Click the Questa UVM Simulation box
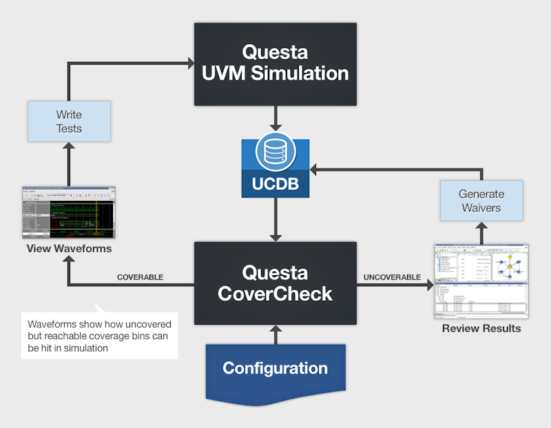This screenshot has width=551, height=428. coord(275,63)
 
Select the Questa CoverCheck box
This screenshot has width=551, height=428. coord(275,283)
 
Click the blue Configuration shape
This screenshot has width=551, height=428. coord(275,369)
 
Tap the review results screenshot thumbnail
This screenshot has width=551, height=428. coord(481,281)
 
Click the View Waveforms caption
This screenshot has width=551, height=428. coord(68,248)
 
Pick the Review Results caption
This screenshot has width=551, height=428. coord(481,328)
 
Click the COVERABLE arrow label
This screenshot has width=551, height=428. coord(140,277)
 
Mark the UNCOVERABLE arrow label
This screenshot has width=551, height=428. coord(391,277)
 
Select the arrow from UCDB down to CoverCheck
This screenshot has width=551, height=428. coord(275,220)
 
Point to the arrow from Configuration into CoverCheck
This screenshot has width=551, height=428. coord(275,333)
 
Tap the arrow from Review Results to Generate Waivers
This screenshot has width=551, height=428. coord(481,233)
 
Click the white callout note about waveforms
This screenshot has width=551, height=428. coord(99,334)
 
